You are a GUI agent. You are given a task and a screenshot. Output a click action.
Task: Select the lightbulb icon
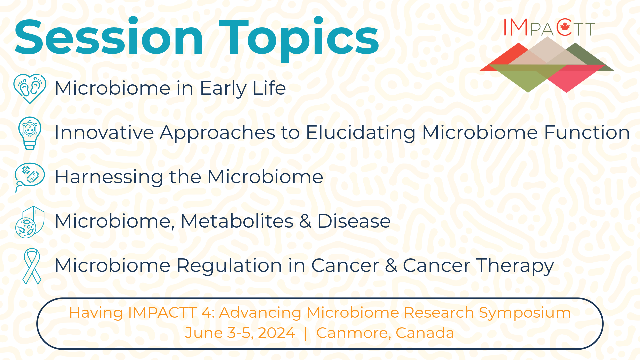click(30, 133)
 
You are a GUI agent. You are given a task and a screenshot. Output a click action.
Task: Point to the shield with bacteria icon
click(30, 222)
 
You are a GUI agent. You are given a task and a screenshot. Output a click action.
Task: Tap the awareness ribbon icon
click(32, 266)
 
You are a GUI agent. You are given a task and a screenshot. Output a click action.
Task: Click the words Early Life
click(242, 88)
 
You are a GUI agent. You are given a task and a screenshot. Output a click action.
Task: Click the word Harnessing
click(109, 177)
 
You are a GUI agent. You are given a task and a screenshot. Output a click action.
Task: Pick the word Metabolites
click(237, 221)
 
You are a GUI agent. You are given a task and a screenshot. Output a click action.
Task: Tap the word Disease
click(354, 221)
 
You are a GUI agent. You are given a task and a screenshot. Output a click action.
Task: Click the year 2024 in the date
click(276, 333)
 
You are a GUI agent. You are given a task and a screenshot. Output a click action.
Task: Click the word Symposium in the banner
click(525, 313)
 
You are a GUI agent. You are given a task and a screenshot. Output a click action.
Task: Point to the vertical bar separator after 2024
click(306, 333)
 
